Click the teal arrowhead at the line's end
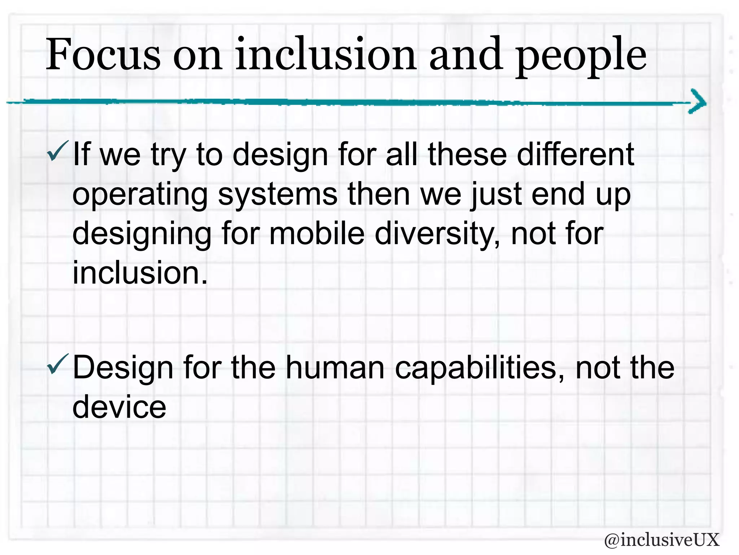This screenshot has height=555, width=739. tap(697, 102)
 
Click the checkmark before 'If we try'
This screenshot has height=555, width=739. tap(57, 151)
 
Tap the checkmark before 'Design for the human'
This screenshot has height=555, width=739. tap(57, 364)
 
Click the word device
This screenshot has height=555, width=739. tap(119, 407)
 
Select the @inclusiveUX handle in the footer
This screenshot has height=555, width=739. tap(661, 540)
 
